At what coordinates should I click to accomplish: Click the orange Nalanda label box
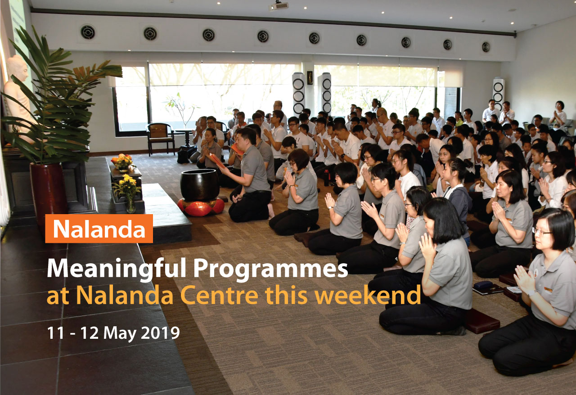99,229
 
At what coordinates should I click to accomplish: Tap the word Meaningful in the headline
117,269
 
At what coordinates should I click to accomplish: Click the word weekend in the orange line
368,295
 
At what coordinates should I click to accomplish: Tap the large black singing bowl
200,185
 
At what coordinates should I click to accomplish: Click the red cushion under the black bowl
201,207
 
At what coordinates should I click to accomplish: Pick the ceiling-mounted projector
278,6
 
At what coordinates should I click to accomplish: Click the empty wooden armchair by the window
161,139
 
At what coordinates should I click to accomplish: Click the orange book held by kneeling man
217,161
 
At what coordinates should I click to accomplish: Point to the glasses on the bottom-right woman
541,232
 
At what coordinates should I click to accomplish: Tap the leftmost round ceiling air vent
88,32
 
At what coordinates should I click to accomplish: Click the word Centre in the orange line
220,295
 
